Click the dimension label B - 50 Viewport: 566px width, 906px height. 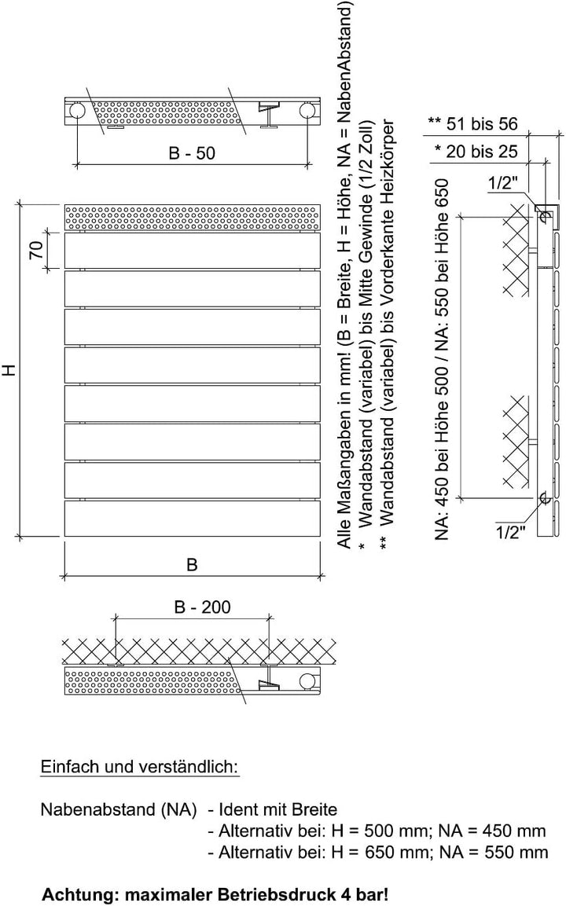(x=192, y=153)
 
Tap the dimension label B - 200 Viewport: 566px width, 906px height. (x=202, y=607)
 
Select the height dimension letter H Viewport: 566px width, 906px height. (x=10, y=370)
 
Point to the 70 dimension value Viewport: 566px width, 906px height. (x=36, y=250)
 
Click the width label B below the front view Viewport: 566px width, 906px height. (x=192, y=564)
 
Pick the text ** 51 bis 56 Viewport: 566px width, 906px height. (x=473, y=123)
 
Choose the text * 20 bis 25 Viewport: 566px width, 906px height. (x=476, y=152)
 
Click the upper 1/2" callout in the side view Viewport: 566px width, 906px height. (x=502, y=183)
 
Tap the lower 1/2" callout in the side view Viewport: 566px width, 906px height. (x=510, y=532)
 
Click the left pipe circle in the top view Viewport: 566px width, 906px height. (x=76, y=111)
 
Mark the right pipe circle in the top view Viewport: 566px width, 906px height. (x=307, y=111)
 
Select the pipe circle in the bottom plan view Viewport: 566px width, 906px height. (x=307, y=681)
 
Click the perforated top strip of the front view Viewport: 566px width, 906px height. (x=192, y=217)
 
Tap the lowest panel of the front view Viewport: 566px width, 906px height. (x=192, y=519)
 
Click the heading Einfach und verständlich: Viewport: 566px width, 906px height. (x=139, y=767)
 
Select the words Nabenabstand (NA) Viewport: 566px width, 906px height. (x=119, y=809)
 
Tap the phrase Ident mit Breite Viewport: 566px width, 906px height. (x=277, y=809)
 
